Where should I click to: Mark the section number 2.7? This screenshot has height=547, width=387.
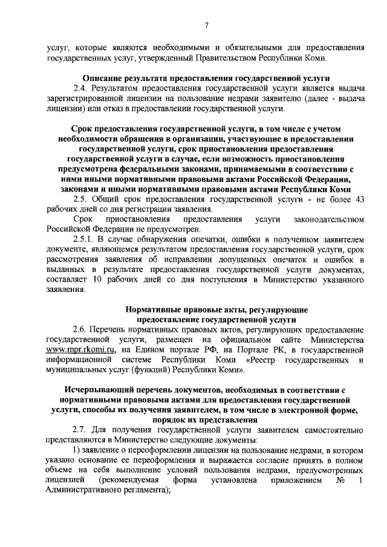coord(80,429)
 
